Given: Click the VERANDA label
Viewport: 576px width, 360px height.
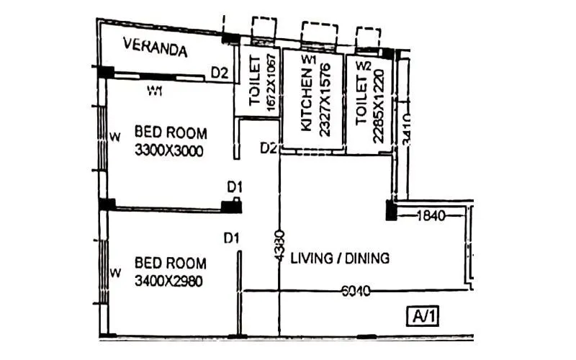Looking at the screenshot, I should (x=156, y=49).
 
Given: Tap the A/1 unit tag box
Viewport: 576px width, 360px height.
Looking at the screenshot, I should (x=424, y=315).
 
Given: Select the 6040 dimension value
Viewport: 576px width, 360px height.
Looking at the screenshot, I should (x=355, y=291).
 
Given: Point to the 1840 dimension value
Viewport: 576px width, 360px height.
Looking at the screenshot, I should (x=431, y=215).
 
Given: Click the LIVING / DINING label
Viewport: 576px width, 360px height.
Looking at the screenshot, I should (x=340, y=258).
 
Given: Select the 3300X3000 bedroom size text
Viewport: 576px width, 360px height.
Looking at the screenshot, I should (x=169, y=151).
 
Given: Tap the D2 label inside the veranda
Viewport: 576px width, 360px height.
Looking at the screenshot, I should (x=219, y=72).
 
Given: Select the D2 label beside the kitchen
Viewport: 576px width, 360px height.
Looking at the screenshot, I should (x=269, y=148).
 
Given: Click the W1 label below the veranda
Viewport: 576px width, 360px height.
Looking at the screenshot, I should (x=155, y=91).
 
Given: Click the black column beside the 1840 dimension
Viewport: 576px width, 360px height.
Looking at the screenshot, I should (x=391, y=210).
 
